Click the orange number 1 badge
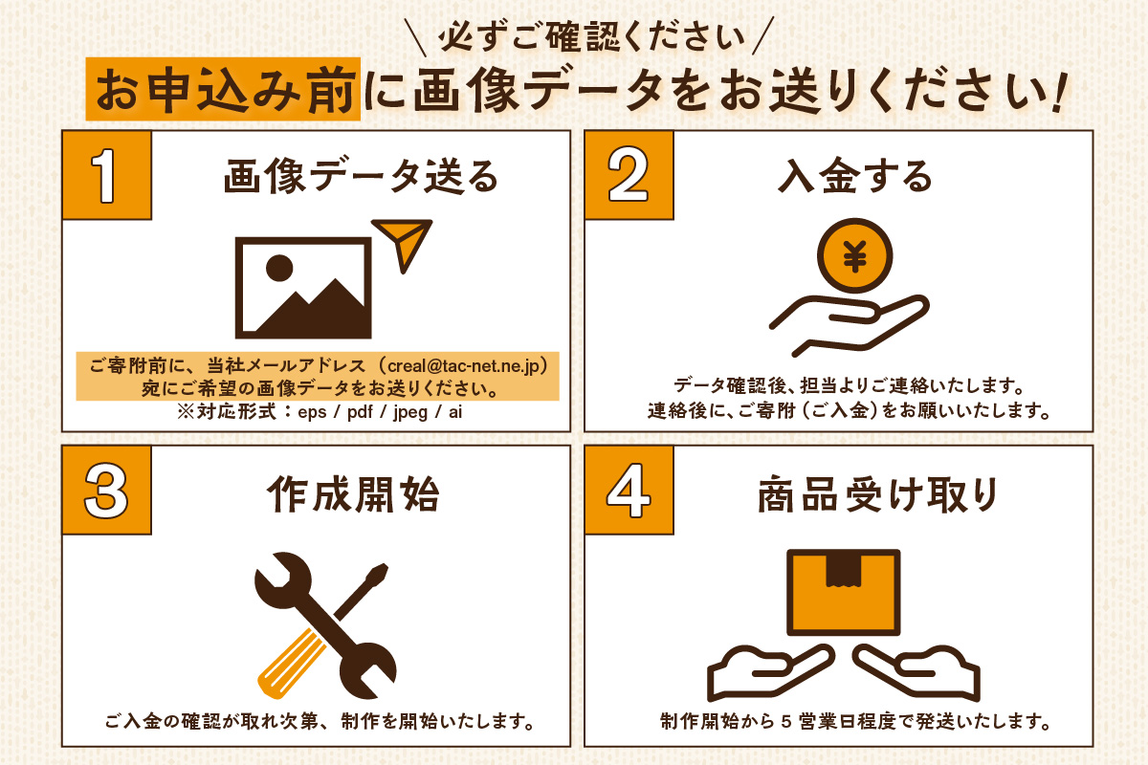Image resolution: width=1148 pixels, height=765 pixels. coord(106,175)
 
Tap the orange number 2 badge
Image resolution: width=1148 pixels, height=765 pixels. coord(629,175)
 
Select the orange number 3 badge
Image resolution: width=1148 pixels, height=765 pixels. coord(106,490)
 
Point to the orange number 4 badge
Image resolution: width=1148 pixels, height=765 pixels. coord(629,490)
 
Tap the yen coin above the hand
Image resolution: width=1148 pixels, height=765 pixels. coord(855,255)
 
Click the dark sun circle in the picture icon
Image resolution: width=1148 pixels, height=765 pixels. coord(279,268)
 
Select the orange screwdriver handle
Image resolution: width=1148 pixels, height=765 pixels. coord(290,665)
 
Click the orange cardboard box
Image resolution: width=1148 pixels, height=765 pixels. coord(844,592)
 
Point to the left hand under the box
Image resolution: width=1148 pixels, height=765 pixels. coord(769,672)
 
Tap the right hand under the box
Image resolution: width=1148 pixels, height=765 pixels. coord(917,672)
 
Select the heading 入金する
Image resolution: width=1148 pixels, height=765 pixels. coord(855,176)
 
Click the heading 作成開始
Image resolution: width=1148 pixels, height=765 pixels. coord(354,494)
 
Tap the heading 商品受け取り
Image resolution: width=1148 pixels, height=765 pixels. coord(877,494)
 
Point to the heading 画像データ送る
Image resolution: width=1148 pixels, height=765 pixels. coord(362,176)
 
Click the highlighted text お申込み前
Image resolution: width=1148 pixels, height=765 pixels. coord(225,90)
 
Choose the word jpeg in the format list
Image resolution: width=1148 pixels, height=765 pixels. coord(410,412)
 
